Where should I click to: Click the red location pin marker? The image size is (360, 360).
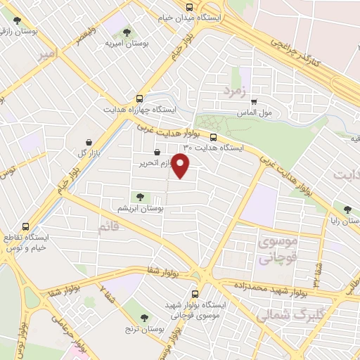181,167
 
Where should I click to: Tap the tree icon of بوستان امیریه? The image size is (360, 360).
127,32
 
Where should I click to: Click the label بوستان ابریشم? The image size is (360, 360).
142,209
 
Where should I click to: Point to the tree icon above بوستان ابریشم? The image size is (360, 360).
136,197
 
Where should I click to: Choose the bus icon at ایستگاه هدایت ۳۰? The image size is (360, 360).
214,137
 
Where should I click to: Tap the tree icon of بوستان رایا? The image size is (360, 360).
346,208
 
